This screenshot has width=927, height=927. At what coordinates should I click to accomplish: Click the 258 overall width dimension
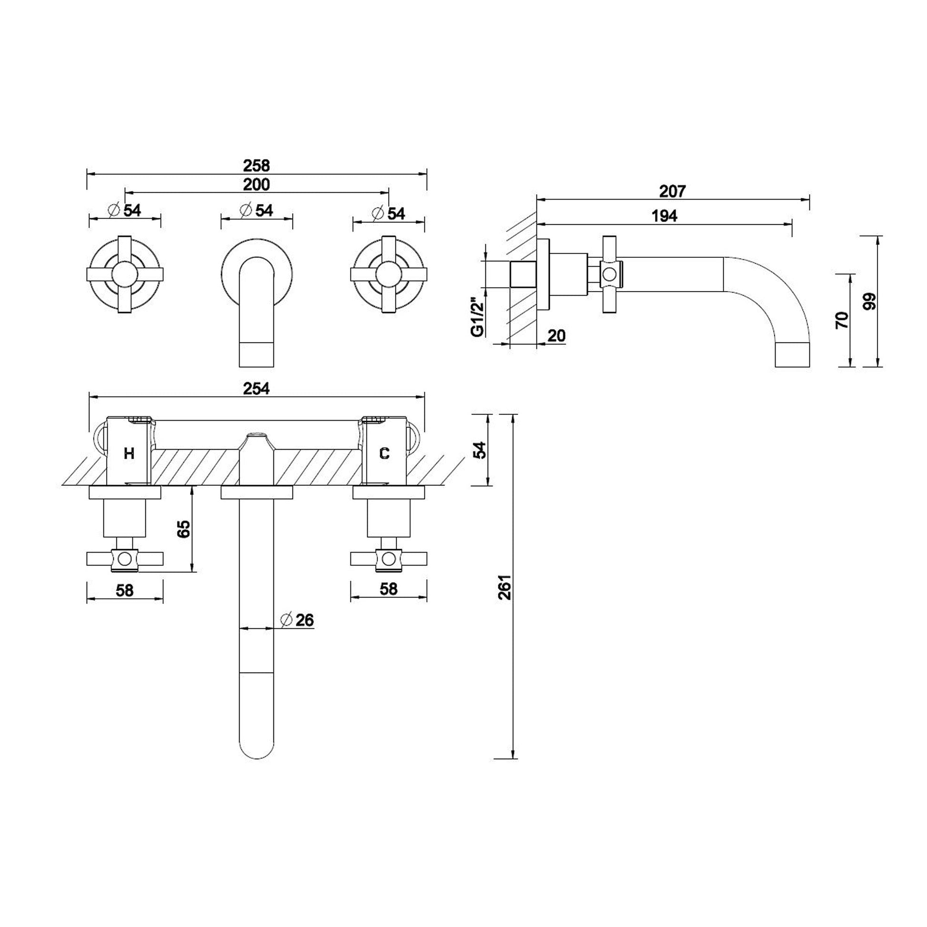(x=256, y=166)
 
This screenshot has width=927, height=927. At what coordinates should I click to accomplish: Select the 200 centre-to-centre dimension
(x=256, y=184)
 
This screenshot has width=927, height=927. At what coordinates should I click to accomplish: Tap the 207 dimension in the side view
(x=672, y=191)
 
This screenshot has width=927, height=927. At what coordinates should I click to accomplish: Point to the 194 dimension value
(x=664, y=216)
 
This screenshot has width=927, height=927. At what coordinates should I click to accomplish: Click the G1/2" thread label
(x=476, y=317)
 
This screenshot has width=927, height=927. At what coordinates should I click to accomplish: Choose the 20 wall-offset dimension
(x=556, y=336)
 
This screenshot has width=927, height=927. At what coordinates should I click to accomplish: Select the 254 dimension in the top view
(x=256, y=388)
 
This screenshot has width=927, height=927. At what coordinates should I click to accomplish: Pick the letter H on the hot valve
(x=129, y=453)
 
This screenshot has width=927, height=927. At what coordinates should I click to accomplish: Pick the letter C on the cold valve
(x=384, y=453)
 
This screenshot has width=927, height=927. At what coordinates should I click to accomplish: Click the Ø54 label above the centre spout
(x=257, y=211)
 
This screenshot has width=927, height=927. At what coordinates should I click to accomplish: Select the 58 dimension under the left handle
(x=125, y=590)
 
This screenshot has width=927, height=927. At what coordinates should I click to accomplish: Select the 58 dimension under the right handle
(x=388, y=589)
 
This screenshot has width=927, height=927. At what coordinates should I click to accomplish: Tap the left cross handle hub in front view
(x=125, y=274)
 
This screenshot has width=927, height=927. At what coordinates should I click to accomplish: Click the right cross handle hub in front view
(x=388, y=274)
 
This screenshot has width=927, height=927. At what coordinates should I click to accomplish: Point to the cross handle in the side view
(x=609, y=274)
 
